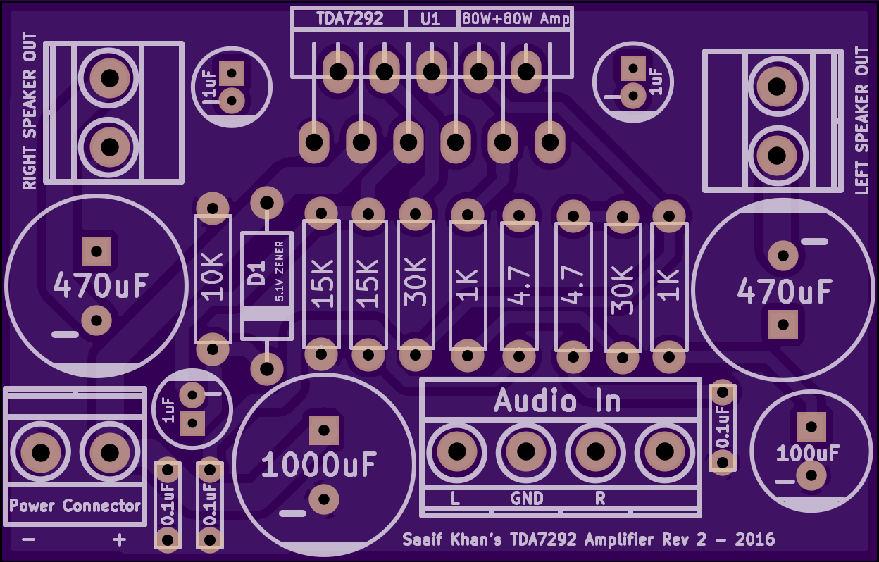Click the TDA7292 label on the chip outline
[350, 19]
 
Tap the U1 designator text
[430, 19]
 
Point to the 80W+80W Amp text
[515, 19]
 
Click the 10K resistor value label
[213, 277]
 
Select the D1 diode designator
[256, 273]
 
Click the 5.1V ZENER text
[280, 271]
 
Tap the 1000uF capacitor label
[318, 464]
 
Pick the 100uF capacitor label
[808, 453]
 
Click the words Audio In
[557, 401]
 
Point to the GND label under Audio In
[527, 499]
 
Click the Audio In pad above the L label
[456, 451]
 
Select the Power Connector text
[75, 506]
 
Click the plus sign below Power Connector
[120, 540]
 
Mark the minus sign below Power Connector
[29, 540]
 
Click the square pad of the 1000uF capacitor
[323, 428]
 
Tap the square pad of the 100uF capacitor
[811, 426]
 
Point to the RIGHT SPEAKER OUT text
[30, 111]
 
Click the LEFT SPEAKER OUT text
[861, 120]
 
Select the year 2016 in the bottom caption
[755, 540]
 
